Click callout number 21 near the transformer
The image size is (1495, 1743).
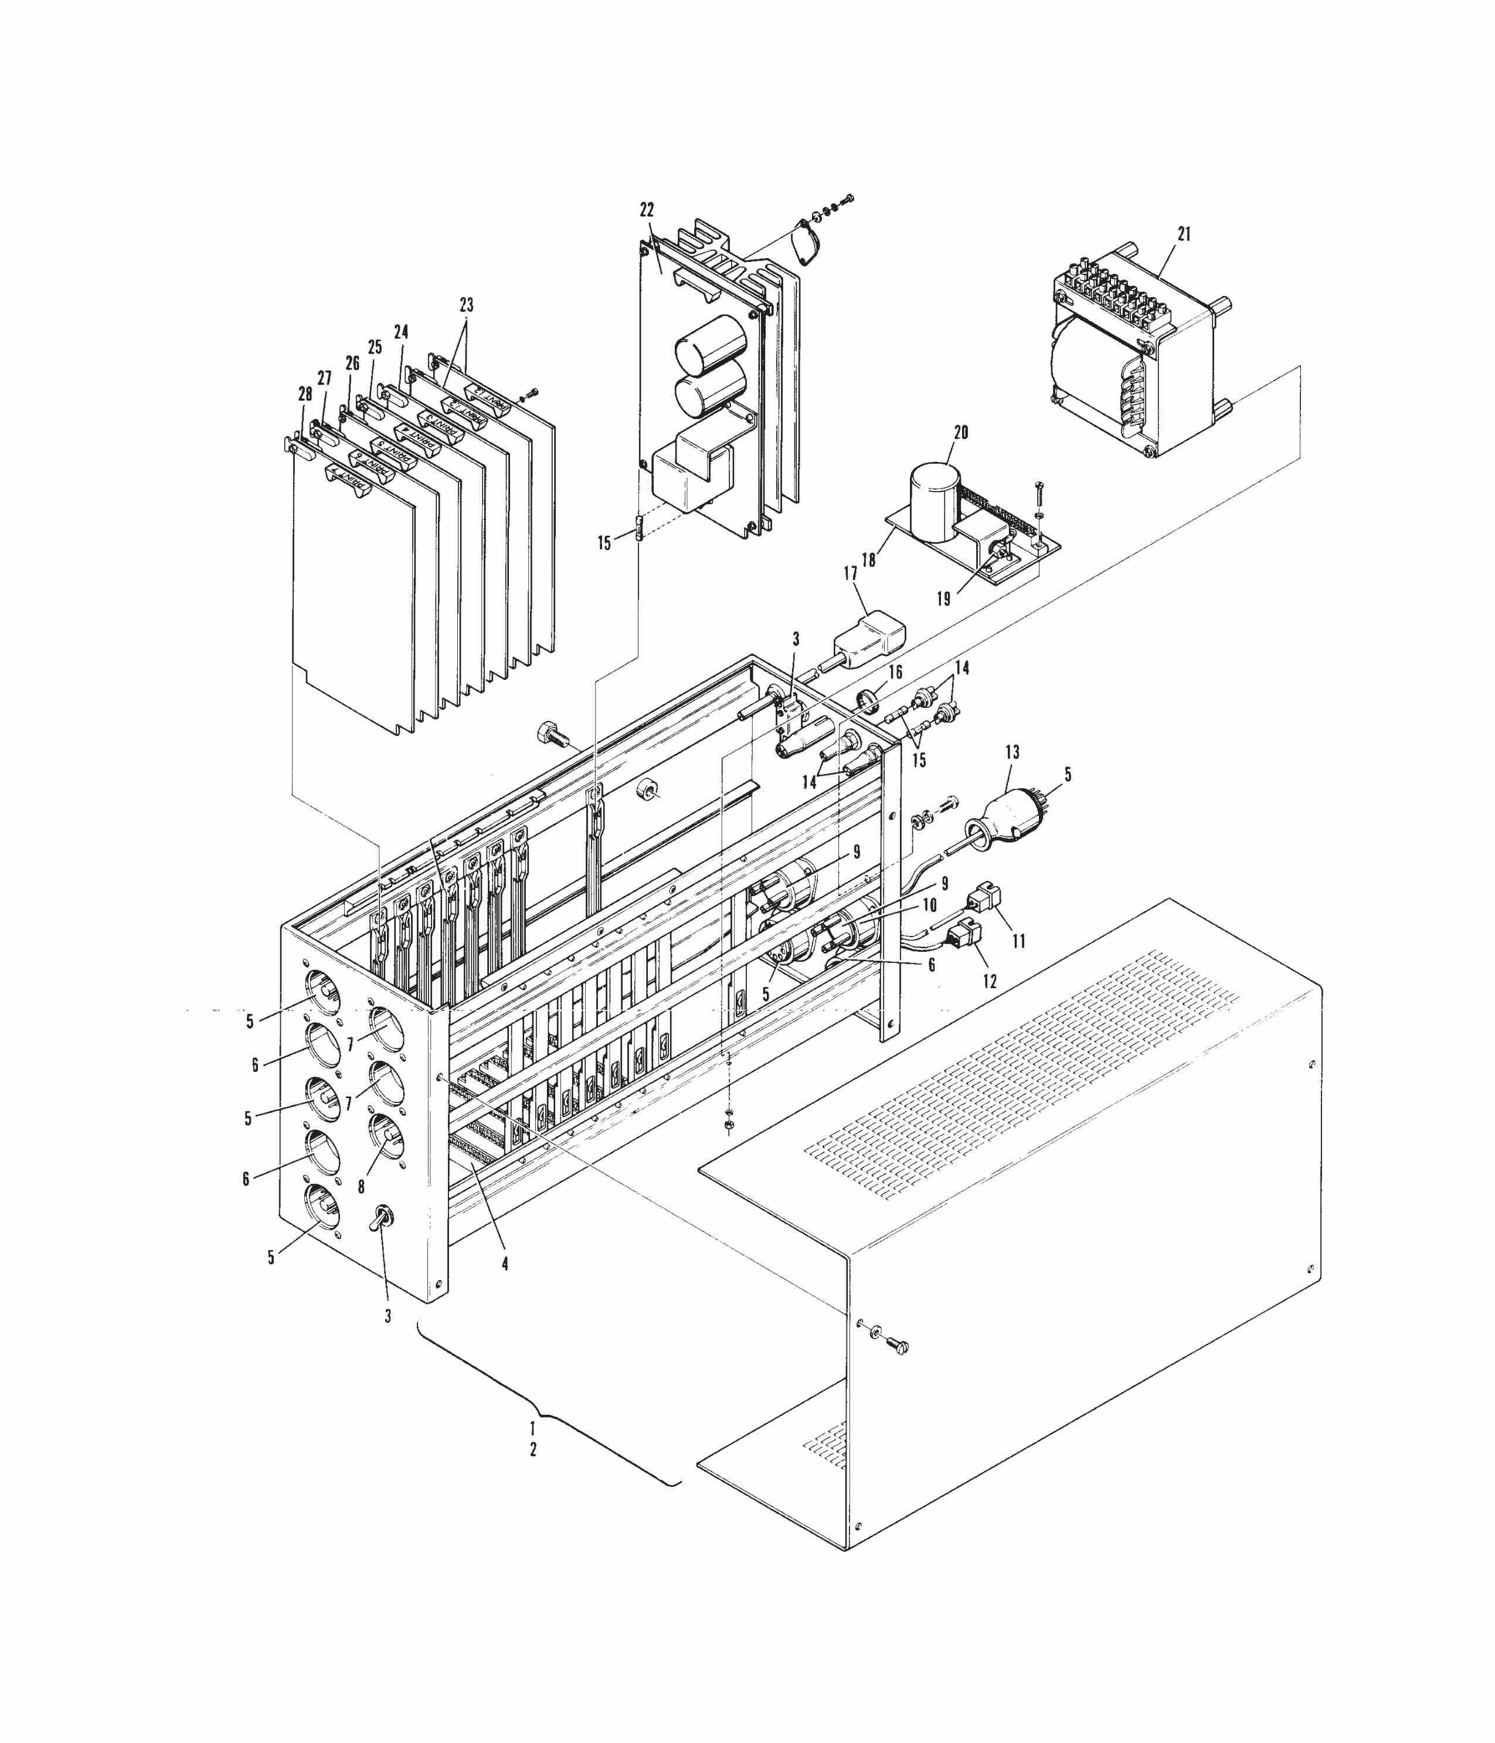[x=1184, y=234]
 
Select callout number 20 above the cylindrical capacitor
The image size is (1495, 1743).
[x=961, y=433]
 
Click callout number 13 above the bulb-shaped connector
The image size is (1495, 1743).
[x=1012, y=752]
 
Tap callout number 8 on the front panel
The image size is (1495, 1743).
[x=361, y=1187]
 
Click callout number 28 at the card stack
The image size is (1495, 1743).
[x=304, y=394]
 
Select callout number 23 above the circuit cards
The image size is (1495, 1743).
[x=466, y=305]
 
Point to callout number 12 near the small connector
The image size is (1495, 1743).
[x=990, y=982]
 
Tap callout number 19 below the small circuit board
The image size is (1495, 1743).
[x=943, y=599]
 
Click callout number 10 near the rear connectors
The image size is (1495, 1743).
[x=930, y=905]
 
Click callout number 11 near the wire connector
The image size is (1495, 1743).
[x=1019, y=941]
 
